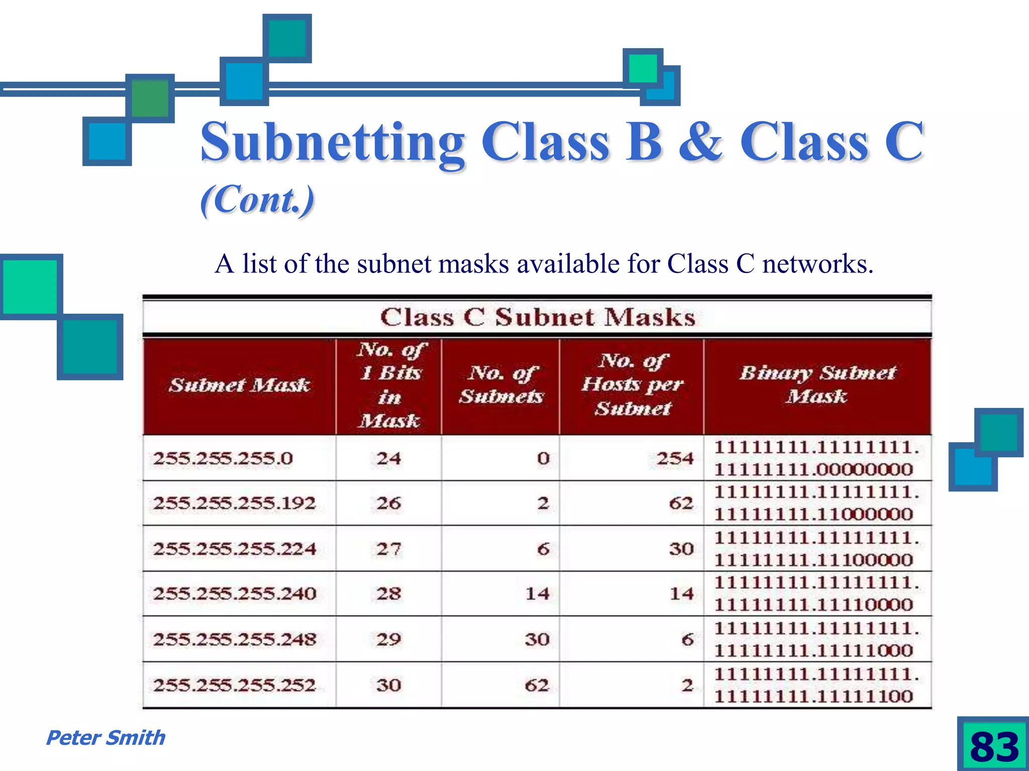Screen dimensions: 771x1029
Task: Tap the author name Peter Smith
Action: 106,738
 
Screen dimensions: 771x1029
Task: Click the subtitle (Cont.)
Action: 257,200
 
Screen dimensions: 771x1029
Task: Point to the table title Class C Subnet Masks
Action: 537,317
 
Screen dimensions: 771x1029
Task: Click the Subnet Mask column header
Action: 239,385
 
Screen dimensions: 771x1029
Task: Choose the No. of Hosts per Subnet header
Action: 632,384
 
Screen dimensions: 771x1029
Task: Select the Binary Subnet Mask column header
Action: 817,384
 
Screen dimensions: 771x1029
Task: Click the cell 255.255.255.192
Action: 234,503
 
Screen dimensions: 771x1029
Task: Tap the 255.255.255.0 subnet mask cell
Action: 223,458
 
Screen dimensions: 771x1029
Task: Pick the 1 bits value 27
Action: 388,549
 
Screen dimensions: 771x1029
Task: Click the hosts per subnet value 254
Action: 675,458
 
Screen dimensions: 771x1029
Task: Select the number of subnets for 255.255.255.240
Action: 537,594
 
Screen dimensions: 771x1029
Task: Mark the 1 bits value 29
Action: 388,639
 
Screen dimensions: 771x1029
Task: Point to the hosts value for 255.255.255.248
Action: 687,639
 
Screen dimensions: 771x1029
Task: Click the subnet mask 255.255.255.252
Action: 234,685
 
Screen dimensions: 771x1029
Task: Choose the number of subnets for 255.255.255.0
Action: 543,458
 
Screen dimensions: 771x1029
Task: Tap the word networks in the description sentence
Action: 817,264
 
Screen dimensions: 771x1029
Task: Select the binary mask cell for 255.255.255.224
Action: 816,549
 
